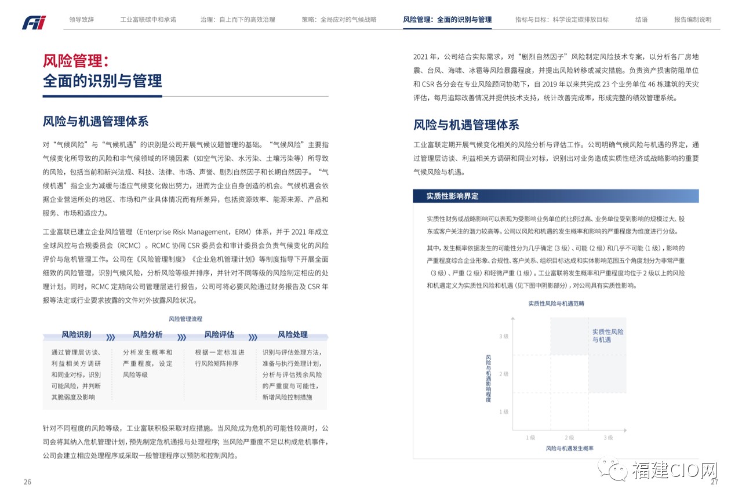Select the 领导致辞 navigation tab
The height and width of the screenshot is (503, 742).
tap(81, 19)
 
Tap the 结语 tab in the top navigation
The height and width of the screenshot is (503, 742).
tap(641, 19)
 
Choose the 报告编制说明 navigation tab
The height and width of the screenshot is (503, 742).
tap(692, 19)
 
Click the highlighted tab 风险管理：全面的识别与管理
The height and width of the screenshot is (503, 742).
tap(447, 19)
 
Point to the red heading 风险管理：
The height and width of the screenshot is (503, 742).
tap(76, 61)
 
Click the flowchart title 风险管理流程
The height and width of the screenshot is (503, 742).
tap(185, 319)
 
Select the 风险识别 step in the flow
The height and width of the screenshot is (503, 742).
tap(77, 334)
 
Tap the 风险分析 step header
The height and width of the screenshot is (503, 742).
tap(147, 334)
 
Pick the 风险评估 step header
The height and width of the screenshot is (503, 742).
tap(219, 334)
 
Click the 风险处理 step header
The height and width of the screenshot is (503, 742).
tap(293, 334)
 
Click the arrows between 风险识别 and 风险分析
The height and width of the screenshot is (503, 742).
tap(111, 337)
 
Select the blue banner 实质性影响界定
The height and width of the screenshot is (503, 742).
tap(453, 196)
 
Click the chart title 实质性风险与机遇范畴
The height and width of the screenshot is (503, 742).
tap(556, 303)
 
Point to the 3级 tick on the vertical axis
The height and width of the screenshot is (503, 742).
tap(503, 336)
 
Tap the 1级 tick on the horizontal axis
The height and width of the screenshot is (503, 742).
tap(530, 438)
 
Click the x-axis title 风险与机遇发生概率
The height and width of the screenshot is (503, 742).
tap(569, 448)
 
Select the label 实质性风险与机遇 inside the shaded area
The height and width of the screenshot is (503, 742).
tap(608, 336)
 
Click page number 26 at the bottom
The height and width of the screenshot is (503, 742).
tap(27, 482)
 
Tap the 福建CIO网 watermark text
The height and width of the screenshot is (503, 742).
tap(674, 471)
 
